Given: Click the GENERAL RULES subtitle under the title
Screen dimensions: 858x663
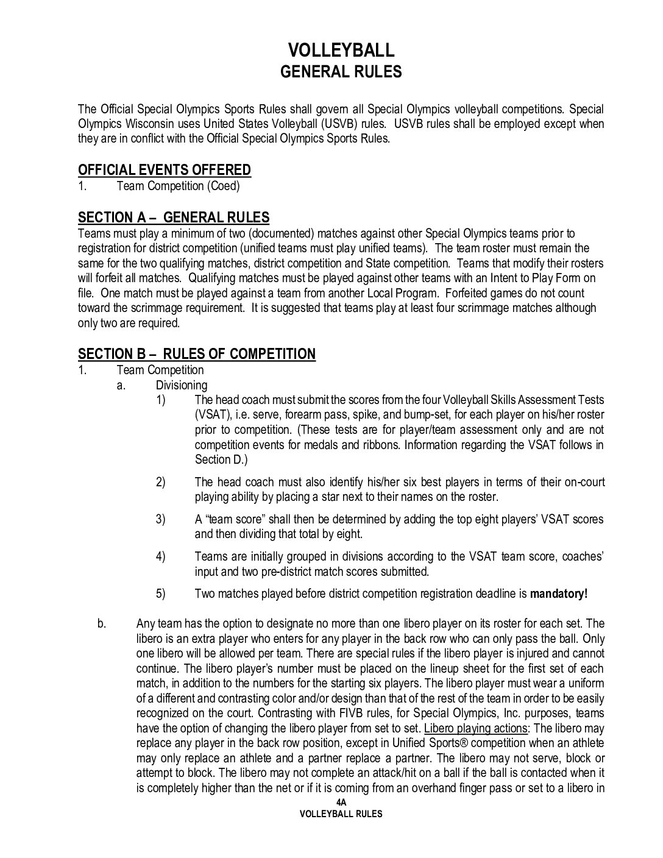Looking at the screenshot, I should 341,72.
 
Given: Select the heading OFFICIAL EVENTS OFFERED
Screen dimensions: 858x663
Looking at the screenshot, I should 165,170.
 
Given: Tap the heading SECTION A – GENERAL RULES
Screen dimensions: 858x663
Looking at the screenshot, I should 174,218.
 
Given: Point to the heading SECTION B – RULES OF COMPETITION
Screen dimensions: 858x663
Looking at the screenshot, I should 197,354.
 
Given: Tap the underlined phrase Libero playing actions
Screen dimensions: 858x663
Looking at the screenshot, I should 475,728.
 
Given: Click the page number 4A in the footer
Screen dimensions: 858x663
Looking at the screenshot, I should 341,803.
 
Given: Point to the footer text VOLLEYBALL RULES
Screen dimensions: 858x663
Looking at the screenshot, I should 341,814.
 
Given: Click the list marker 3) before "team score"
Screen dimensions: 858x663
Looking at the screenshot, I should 161,519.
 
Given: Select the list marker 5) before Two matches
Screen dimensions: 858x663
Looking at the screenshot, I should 161,594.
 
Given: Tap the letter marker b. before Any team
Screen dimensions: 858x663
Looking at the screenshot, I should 102,623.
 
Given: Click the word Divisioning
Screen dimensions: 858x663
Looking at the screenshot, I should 182,385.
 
